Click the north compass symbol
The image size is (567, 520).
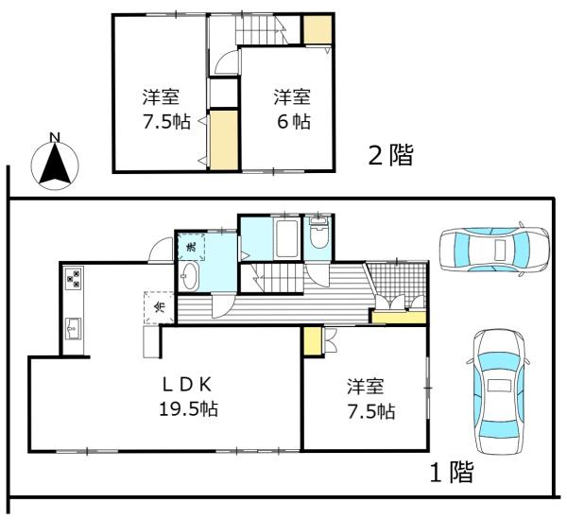point(55,162)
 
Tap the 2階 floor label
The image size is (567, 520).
point(391,154)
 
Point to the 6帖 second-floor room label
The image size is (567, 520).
point(292,110)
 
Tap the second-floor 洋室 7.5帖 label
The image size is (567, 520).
point(161,110)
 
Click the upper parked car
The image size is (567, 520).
point(493,249)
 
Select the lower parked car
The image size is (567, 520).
point(496,391)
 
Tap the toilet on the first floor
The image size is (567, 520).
point(319,234)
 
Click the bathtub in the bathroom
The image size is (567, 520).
point(286,240)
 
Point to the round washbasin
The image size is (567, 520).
point(190,276)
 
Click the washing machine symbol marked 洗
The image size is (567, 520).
point(190,246)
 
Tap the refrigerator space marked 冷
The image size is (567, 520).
point(159,307)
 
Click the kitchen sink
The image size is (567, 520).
point(73,329)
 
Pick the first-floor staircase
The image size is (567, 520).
point(274,279)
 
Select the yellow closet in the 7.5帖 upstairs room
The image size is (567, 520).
point(224,140)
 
